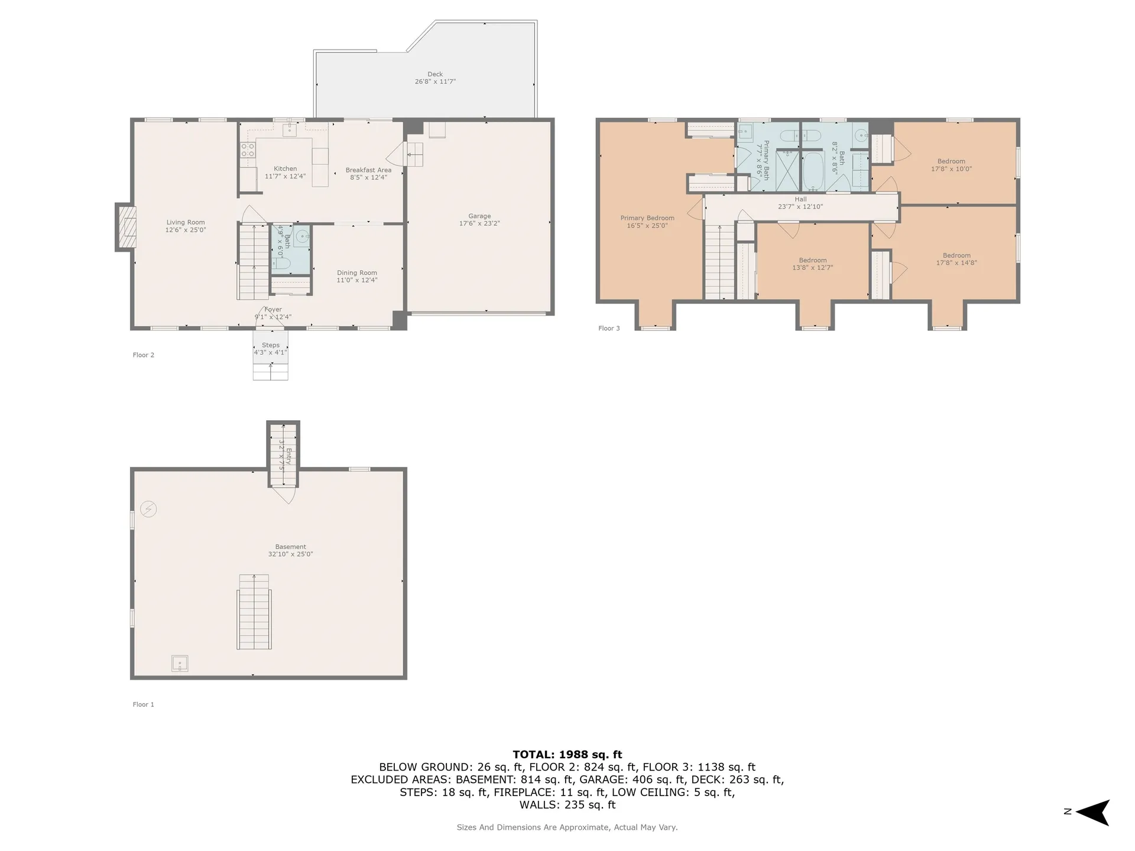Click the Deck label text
coord(435,74)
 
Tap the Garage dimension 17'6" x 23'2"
coord(479,224)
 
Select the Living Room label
coord(186,223)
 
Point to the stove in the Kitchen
coord(248,150)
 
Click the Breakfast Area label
coord(368,170)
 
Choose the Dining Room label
coord(357,273)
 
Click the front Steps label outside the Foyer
coord(271,345)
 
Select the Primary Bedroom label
coord(647,218)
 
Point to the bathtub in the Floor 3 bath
coord(813,170)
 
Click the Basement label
coord(290,547)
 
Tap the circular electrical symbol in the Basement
coord(148,509)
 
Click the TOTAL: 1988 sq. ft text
coord(567,755)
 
